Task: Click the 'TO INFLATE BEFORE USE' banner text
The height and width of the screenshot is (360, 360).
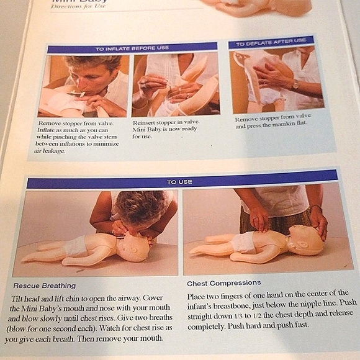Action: [132, 48]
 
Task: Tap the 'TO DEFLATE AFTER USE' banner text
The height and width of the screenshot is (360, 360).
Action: [271, 42]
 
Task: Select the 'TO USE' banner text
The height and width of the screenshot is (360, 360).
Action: [179, 182]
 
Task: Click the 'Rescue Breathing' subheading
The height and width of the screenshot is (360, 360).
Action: [45, 286]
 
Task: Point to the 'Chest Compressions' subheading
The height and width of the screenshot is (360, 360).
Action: [224, 283]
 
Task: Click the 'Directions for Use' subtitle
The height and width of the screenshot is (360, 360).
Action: [78, 6]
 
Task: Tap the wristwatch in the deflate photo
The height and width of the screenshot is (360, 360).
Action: [295, 84]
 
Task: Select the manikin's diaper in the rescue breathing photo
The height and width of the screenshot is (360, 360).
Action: [74, 246]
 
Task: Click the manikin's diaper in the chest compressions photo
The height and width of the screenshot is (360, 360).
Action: [242, 243]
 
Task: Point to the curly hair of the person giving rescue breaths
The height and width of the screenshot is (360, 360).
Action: [140, 206]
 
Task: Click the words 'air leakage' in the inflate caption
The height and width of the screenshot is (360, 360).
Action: [50, 151]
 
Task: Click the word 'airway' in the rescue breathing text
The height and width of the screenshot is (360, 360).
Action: [127, 298]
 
